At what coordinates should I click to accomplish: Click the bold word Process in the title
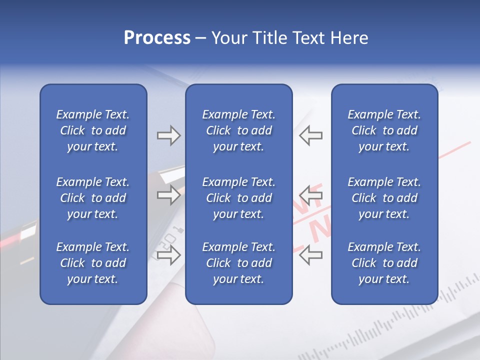[x=157, y=38]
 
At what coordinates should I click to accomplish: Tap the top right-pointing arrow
[x=168, y=135]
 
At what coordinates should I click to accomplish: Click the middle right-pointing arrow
[x=168, y=194]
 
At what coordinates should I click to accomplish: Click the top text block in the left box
[x=93, y=130]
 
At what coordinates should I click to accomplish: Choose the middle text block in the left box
[x=93, y=198]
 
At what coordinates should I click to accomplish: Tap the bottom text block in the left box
[x=93, y=263]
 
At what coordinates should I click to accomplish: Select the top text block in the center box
[x=238, y=130]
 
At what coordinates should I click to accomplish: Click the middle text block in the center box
[x=238, y=198]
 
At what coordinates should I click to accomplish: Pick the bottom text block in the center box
[x=238, y=263]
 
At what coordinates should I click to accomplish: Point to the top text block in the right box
[x=384, y=130]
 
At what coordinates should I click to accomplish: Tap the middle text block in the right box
[x=384, y=198]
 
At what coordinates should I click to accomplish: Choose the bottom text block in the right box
[x=384, y=263]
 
